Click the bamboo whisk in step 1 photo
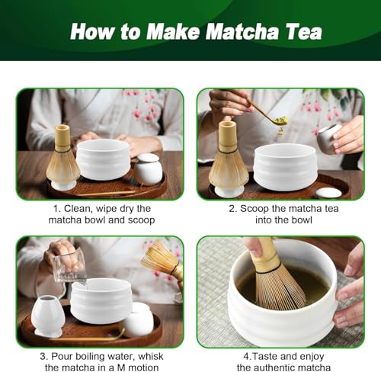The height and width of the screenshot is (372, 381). (x=62, y=155)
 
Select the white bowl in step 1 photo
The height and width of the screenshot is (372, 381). (x=104, y=159)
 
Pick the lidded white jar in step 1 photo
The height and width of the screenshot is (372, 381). (x=148, y=169)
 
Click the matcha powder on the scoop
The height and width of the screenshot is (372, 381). (x=281, y=120)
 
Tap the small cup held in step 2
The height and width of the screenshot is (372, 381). (x=329, y=139)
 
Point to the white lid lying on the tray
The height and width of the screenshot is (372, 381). (x=328, y=193)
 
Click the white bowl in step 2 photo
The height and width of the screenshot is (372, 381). (x=286, y=167)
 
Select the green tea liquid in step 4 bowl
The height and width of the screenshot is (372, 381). (x=282, y=284)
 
